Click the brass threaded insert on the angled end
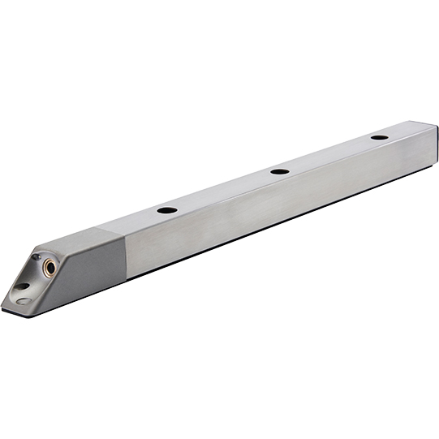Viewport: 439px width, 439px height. point(50,265)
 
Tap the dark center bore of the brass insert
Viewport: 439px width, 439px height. point(50,265)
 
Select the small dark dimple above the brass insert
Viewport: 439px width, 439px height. point(37,257)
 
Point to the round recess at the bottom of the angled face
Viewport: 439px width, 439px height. point(24,301)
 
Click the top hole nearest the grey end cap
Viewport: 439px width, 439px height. point(167,210)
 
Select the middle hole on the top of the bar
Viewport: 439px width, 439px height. point(279,171)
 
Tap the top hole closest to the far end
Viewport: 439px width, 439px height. point(379,137)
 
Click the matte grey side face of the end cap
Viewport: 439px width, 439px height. point(89,272)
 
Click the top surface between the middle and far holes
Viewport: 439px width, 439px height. point(329,154)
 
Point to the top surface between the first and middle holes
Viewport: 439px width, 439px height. point(223,191)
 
